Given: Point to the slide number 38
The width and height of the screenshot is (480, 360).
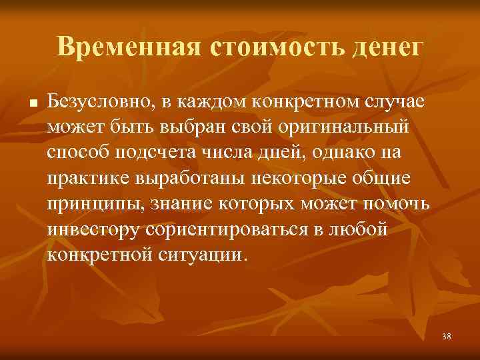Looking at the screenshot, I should click(446, 337).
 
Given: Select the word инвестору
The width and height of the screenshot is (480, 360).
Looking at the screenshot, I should click(87, 229).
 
